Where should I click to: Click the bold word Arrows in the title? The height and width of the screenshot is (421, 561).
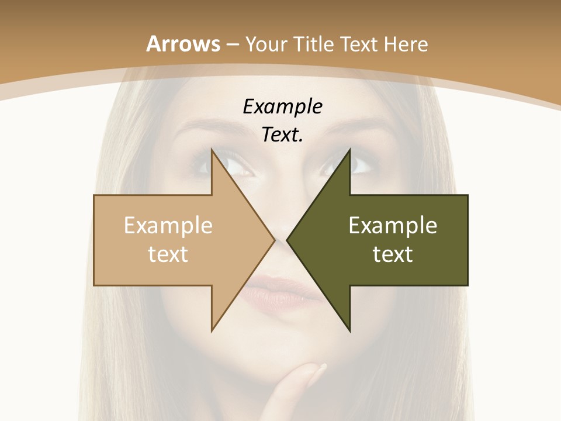183,44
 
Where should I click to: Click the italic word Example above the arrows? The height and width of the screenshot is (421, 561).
283,107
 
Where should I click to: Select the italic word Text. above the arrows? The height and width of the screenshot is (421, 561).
282,135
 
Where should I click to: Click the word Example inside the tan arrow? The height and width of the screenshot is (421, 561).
168,226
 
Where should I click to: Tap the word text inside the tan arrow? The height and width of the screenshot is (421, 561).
168,254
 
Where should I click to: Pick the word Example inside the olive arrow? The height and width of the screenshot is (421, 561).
393,226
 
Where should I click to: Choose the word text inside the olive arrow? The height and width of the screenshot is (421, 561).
393,254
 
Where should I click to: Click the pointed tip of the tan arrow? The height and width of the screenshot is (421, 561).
275,240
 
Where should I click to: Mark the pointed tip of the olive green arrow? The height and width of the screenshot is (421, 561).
287,240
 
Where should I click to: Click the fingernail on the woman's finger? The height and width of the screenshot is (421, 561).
320,370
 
